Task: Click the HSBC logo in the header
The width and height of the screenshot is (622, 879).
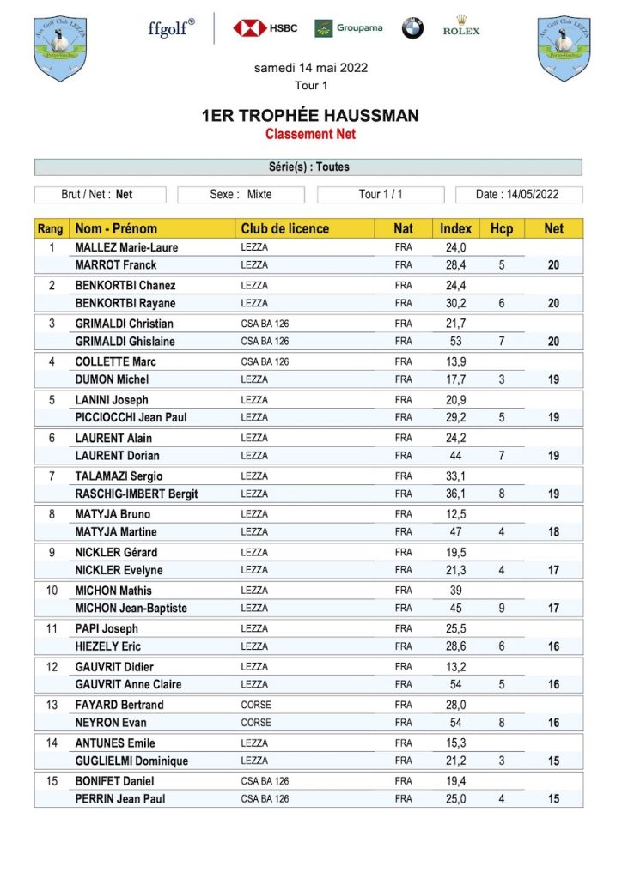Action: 265,28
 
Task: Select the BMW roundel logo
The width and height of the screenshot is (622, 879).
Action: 412,28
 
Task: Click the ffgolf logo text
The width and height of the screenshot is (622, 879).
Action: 171,27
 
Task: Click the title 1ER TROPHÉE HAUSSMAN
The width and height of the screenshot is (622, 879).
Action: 310,116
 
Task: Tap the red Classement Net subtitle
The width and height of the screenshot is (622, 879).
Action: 310,134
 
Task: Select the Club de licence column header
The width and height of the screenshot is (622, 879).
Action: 284,229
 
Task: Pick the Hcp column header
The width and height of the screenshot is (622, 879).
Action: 501,229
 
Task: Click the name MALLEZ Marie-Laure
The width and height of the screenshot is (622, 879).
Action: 126,248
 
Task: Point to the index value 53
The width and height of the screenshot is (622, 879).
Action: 455,342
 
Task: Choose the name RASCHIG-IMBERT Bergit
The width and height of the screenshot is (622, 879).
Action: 137,494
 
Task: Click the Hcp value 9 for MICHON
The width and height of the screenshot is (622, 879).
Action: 501,609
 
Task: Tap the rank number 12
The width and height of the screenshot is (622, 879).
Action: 52,667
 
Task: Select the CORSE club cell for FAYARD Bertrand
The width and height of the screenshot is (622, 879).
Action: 256,705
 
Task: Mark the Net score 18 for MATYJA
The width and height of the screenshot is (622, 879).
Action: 553,532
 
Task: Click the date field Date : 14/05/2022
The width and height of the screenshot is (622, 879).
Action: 518,195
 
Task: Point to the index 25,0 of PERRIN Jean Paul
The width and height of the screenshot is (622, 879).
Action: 455,799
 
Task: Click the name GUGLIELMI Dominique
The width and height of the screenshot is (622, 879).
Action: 131,761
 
